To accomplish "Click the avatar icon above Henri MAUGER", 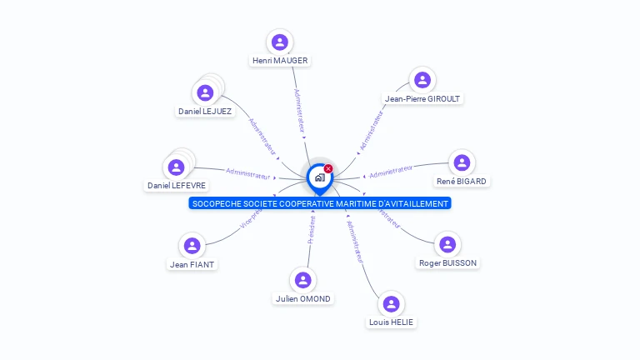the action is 280,42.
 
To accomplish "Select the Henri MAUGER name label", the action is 280,61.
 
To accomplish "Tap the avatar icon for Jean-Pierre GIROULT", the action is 422,79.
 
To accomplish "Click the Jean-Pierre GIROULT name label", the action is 422,98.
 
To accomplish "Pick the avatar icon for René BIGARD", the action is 461,162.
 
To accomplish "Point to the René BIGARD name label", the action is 461,181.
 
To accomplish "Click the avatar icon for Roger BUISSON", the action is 447,244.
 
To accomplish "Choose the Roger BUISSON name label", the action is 447,262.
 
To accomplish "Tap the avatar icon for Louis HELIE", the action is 390,303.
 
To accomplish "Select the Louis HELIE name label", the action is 390,322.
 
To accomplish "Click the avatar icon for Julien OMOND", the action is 302,280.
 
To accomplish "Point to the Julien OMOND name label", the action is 302,299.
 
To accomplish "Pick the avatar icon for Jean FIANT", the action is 192,246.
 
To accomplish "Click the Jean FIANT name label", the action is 192,265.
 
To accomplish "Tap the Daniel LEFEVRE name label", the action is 176,185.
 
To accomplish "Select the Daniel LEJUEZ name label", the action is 204,111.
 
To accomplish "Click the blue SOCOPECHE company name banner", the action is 319,203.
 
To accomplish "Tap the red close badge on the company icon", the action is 328,169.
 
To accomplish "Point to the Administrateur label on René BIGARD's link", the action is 391,172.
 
